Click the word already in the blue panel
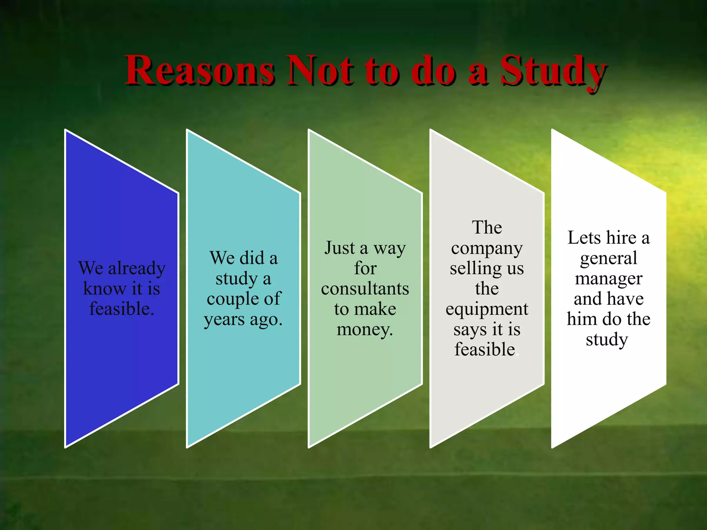click(x=137, y=269)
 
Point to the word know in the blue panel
click(x=105, y=288)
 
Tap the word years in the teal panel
click(x=224, y=320)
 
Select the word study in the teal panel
click(x=236, y=279)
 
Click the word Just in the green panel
click(x=340, y=248)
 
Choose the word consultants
click(x=365, y=288)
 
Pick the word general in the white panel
click(x=608, y=259)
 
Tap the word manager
click(x=608, y=279)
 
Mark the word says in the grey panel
click(x=470, y=330)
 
